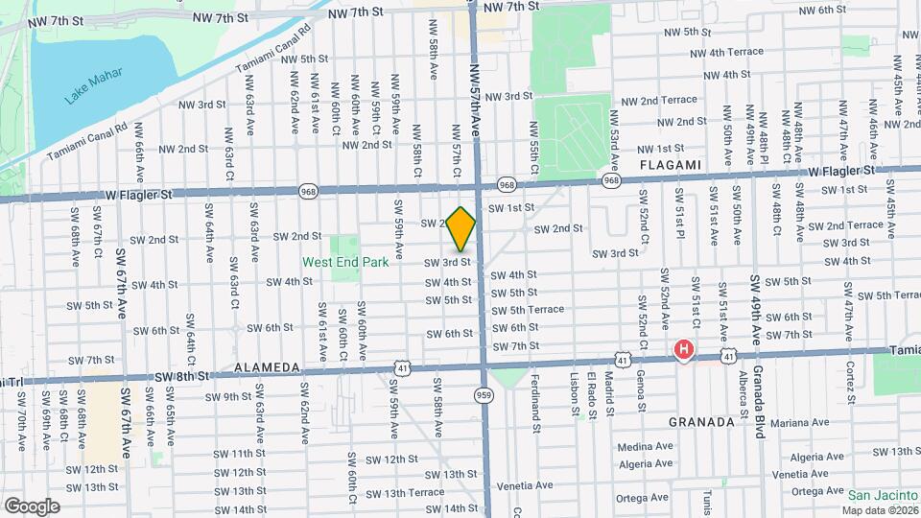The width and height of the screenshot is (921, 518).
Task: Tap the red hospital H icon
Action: [683, 350]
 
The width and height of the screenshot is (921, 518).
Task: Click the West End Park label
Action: [345, 261]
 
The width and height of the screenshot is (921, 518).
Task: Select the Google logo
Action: [32, 506]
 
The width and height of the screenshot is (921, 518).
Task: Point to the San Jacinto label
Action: [883, 495]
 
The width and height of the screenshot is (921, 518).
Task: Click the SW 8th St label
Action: [181, 378]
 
